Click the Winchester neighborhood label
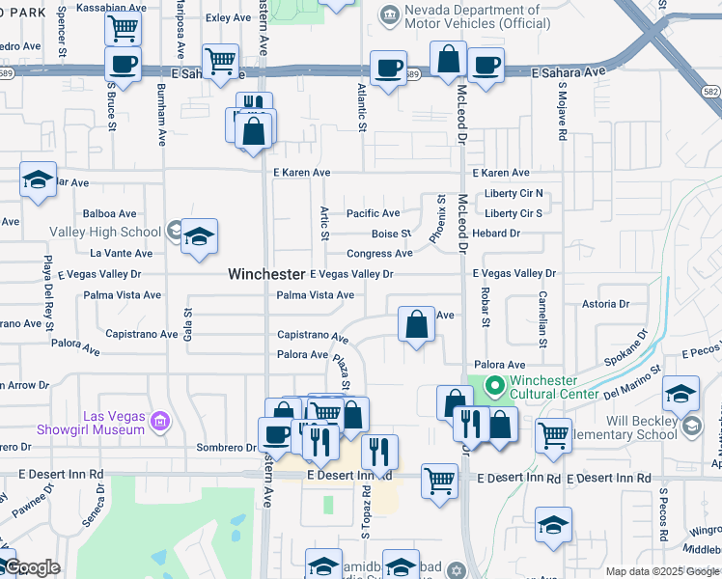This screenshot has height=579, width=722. [x=266, y=274]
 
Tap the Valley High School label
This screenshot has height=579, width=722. [x=105, y=232]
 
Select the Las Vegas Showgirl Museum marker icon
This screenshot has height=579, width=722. [x=160, y=421]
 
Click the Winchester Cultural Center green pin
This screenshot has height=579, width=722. [x=494, y=388]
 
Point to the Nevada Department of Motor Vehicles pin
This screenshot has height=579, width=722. [x=389, y=14]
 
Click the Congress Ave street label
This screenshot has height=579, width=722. [x=379, y=254]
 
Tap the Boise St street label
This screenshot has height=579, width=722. [x=392, y=234]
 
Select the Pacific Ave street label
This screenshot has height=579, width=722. [x=373, y=213]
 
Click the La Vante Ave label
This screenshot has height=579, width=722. [x=121, y=254]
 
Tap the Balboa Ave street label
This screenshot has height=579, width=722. [x=110, y=213]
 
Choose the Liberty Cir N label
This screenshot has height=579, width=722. [x=514, y=193]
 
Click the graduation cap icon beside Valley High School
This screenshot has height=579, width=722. [x=199, y=236]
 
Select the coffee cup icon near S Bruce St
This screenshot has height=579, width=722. [x=124, y=66]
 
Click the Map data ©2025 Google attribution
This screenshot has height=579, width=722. [x=662, y=571]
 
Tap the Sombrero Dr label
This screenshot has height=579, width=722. [x=226, y=447]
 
